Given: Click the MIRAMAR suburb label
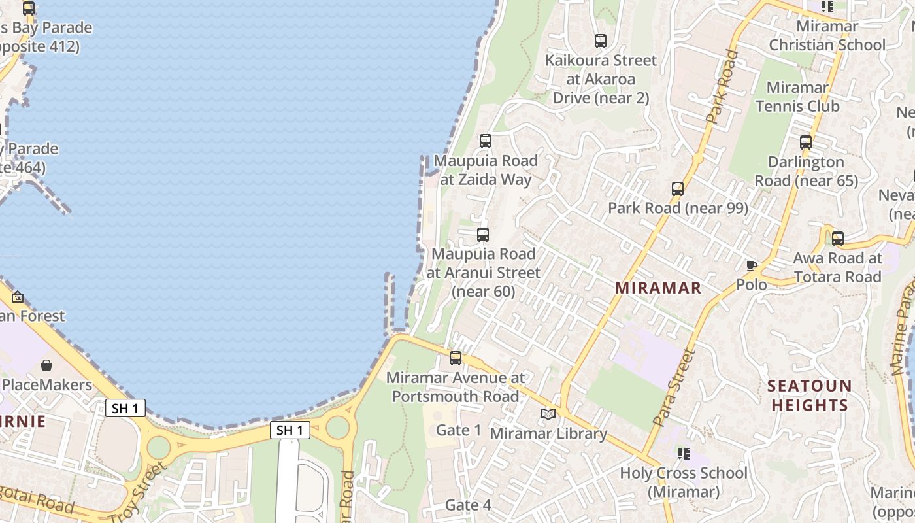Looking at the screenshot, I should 658,288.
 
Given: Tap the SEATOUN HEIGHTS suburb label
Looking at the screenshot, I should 809,395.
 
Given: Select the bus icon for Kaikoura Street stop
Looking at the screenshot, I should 601,41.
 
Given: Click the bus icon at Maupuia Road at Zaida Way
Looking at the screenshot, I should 485,141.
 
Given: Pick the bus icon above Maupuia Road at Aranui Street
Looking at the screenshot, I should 483,235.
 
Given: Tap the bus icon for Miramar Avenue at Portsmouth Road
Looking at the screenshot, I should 456,358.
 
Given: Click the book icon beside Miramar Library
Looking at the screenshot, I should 548,414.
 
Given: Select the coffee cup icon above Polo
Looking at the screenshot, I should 752,265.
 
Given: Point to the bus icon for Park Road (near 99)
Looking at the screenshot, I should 678,189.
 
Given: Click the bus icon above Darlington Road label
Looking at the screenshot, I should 806,142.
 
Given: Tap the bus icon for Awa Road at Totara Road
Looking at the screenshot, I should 838,239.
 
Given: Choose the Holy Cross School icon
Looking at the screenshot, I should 684,453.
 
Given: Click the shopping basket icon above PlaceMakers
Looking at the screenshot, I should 46,365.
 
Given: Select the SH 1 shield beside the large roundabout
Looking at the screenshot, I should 290,430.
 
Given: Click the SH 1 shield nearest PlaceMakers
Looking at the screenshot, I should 125,409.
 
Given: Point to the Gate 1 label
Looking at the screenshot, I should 458,430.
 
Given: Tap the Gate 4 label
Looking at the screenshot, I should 468,505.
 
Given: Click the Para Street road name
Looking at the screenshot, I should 674,388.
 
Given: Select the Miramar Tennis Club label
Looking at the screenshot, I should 797,96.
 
